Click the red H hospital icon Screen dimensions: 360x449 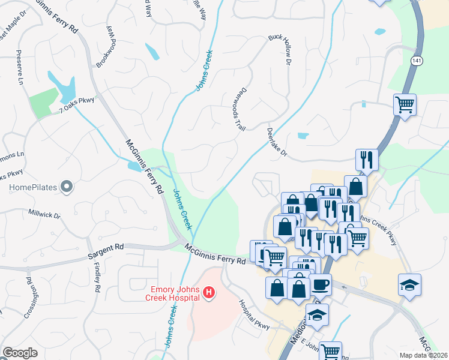point(209,293)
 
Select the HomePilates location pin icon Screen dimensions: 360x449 point(67,188)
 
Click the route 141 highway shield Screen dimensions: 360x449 point(416,61)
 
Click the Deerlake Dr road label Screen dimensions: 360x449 point(277,144)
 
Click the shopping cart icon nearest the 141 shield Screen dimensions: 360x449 point(405,105)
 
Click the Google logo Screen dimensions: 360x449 point(20,353)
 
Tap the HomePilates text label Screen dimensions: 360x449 point(32,188)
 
